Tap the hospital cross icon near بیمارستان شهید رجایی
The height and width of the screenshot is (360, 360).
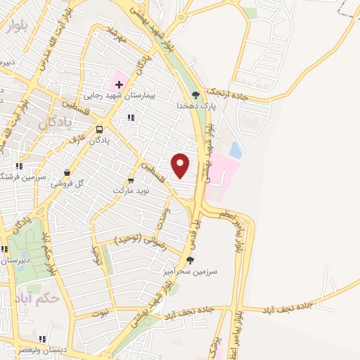(x=119, y=84)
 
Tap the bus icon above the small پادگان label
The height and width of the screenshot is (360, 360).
(x=99, y=129)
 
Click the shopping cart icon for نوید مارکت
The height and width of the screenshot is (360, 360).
(x=131, y=179)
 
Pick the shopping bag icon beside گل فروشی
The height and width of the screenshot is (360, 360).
(x=67, y=172)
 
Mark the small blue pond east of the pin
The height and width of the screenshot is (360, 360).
(x=236, y=150)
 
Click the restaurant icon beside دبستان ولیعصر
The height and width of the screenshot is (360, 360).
(x=44, y=339)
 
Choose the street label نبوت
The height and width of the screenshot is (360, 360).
(x=103, y=314)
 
